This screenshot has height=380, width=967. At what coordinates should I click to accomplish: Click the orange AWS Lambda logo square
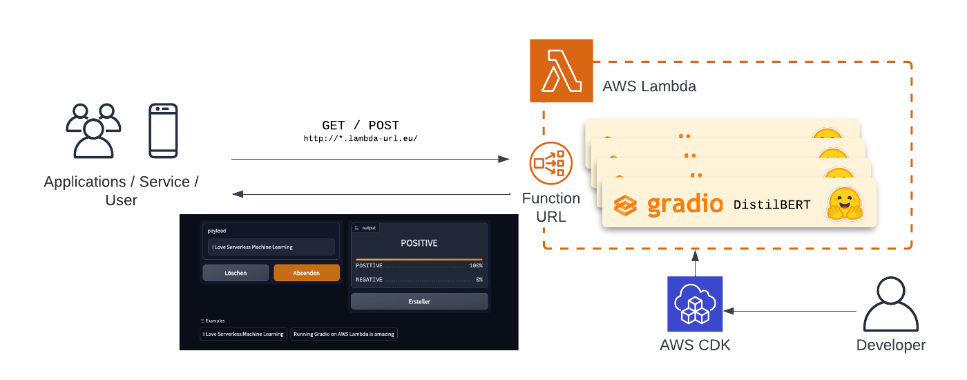click(561, 70)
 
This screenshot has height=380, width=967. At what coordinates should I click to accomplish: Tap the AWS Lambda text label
click(649, 86)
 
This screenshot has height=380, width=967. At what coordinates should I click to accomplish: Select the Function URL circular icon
click(550, 163)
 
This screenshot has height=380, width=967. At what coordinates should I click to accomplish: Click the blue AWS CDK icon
click(695, 304)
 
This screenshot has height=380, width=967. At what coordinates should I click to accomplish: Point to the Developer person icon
click(890, 304)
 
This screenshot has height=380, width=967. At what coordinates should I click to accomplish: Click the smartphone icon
click(164, 131)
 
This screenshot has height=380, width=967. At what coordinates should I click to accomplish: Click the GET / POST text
click(361, 126)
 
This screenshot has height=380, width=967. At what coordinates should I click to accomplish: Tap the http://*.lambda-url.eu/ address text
click(361, 138)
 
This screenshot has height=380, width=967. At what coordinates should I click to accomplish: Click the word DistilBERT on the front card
click(772, 205)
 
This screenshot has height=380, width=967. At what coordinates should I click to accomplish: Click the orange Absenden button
click(307, 273)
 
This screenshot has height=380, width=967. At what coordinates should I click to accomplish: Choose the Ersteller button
click(419, 301)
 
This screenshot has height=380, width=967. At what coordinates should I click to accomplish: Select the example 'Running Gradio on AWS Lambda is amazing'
click(344, 334)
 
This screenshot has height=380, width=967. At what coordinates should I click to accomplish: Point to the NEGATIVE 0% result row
click(419, 280)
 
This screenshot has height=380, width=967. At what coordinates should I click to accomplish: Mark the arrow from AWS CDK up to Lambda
click(695, 264)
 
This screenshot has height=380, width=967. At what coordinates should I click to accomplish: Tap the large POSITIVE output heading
click(419, 243)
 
